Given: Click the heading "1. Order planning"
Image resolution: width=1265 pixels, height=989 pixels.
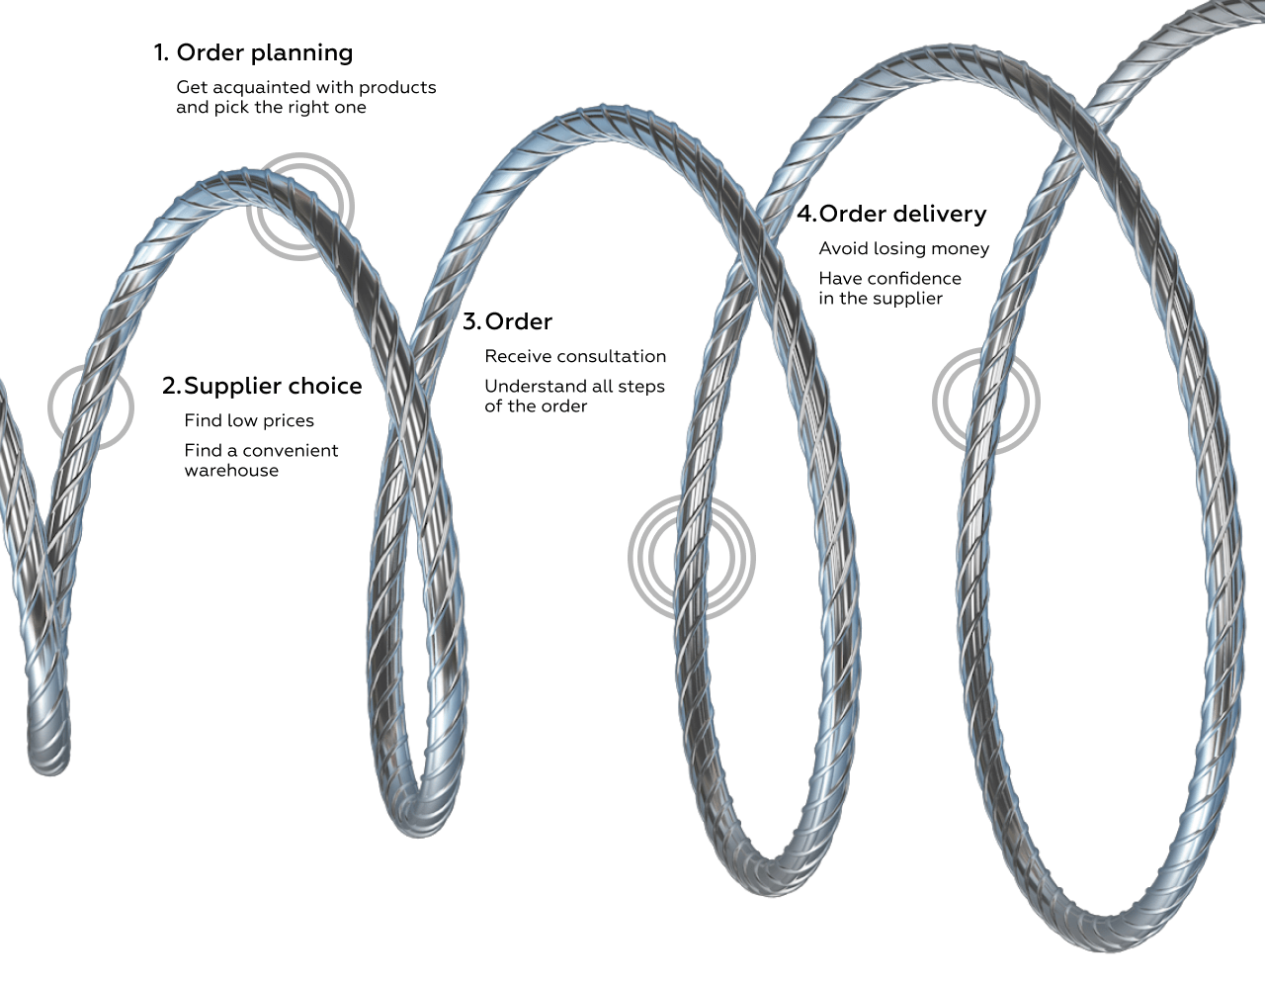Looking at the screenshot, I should pyautogui.click(x=253, y=52).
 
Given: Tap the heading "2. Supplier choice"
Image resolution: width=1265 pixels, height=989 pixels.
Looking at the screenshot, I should pyautogui.click(x=262, y=386).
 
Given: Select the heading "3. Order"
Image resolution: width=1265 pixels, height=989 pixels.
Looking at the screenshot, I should pyautogui.click(x=507, y=321).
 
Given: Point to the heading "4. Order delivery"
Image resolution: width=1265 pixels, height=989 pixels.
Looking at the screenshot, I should pyautogui.click(x=891, y=214).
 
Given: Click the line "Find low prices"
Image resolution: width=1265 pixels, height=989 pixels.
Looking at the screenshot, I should pyautogui.click(x=249, y=420).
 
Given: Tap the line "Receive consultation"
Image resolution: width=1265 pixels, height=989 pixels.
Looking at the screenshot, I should pyautogui.click(x=575, y=356).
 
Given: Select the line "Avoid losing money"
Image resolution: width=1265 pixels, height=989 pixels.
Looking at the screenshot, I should pyautogui.click(x=903, y=248).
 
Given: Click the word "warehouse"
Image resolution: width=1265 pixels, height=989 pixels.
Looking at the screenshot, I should pyautogui.click(x=231, y=471).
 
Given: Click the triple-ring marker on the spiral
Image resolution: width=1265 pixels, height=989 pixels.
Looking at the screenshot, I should pyautogui.click(x=692, y=558).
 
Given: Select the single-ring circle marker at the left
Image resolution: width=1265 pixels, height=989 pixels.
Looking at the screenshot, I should pyautogui.click(x=90, y=406).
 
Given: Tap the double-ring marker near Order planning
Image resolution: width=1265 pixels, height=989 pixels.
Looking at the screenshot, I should pyautogui.click(x=299, y=207).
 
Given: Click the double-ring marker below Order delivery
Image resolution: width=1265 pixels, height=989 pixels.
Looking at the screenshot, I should pyautogui.click(x=985, y=401).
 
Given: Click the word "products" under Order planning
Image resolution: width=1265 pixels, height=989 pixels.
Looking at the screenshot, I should pyautogui.click(x=397, y=87).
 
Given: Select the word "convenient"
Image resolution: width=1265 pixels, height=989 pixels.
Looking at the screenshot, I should pyautogui.click(x=291, y=451).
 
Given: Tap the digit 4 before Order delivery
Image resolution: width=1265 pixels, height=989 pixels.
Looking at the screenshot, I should pyautogui.click(x=805, y=214).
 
